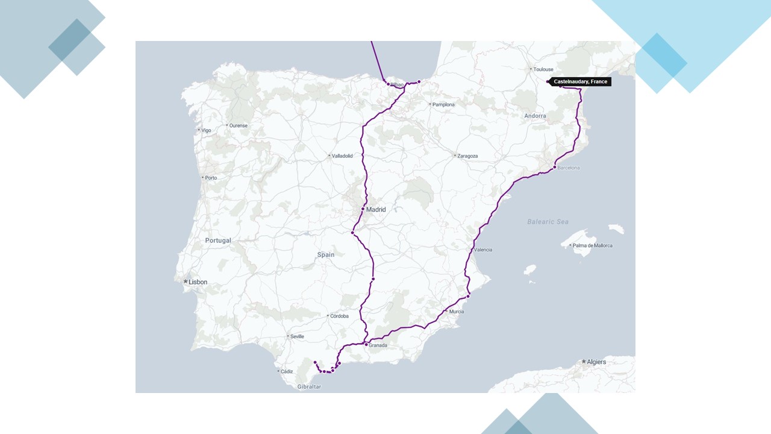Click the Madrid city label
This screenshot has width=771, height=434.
pos(376,210)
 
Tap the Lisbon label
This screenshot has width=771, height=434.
pos(198,282)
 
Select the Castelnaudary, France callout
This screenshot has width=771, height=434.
pos(580,81)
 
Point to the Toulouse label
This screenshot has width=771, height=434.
pos(543,69)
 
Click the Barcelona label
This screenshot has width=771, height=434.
pos(568,168)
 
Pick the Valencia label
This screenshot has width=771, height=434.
pos(483,250)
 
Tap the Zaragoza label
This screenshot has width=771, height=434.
pos(467,156)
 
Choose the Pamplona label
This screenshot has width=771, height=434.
pos(444,105)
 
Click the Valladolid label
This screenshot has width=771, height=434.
pos(342,156)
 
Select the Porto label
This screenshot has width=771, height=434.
pos(211,178)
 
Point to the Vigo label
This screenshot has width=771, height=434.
pos(206,130)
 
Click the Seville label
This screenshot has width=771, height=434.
pos(297,336)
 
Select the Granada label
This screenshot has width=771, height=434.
pos(378,345)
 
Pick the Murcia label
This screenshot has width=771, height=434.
pos(457,312)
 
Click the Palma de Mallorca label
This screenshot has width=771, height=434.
pos(592,245)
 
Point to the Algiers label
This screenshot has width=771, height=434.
pos(596,362)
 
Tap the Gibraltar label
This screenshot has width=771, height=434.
pos(309,387)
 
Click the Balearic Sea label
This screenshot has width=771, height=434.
pos(548,222)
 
